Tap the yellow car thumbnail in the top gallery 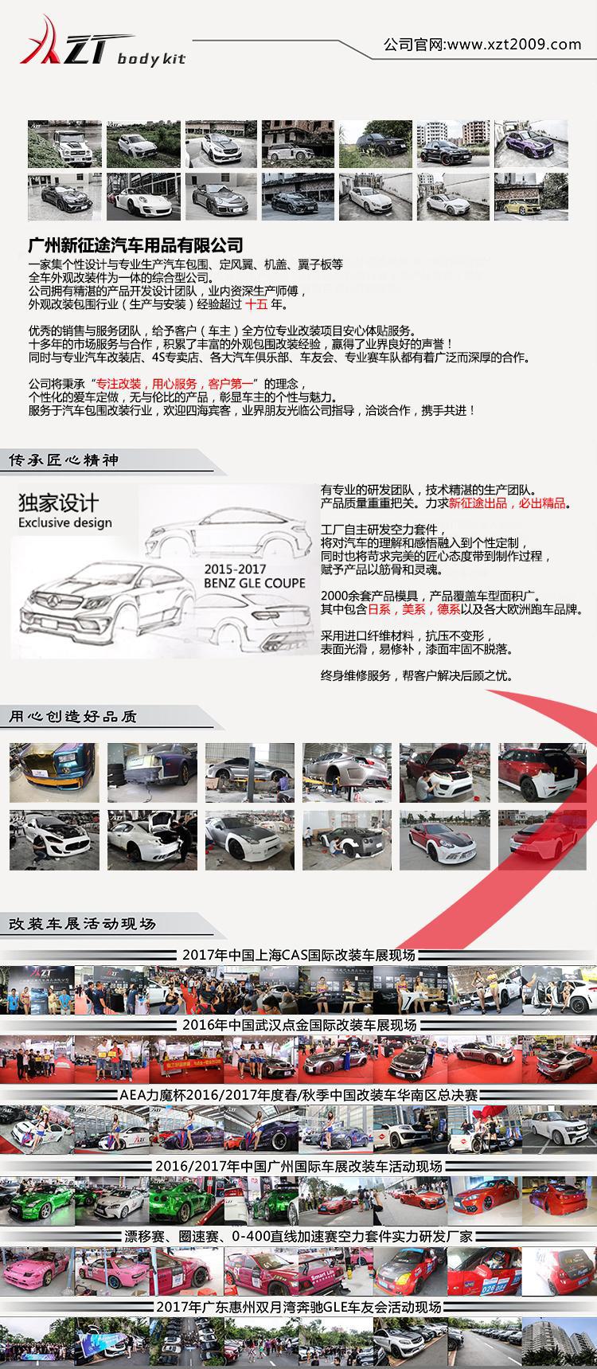531,197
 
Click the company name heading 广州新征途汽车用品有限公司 135,244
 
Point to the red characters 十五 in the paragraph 257,304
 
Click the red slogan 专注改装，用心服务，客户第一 178,383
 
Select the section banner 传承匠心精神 64,460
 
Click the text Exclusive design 65,522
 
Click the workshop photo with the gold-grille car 54,773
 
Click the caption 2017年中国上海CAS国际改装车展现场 298,955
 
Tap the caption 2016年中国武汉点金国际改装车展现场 298,1025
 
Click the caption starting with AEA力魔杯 298,1095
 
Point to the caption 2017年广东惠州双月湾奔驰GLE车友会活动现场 298,1307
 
